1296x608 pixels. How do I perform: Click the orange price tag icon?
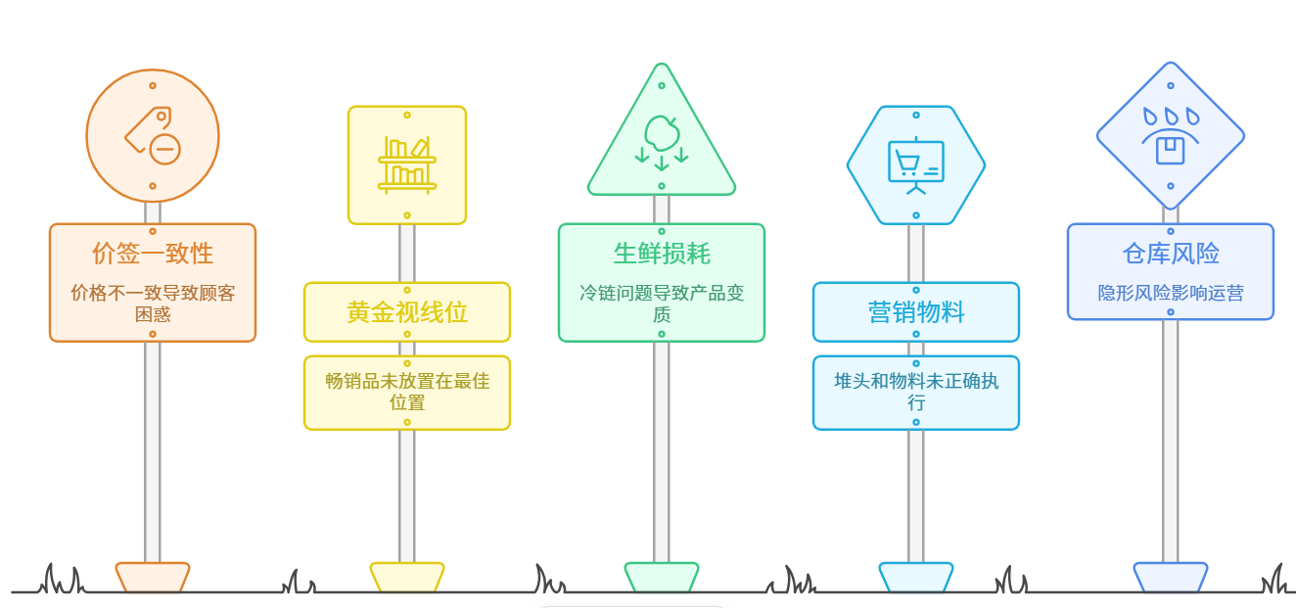pos(152,135)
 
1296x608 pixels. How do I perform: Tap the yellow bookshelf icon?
pos(407,163)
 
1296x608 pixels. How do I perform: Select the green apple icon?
pos(662,138)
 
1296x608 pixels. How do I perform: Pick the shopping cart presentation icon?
pos(916,165)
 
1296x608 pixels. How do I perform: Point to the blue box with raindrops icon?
pos(1171,135)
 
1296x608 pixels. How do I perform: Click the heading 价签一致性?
pos(153,254)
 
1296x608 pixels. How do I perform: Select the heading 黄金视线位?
pos(407,312)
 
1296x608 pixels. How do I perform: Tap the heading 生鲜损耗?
pos(662,254)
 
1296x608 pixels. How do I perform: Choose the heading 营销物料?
pos(916,312)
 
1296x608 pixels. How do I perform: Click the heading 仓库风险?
pos(1171,254)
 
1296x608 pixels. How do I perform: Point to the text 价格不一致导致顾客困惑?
pos(153,303)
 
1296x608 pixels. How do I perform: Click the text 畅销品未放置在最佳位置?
pos(407,392)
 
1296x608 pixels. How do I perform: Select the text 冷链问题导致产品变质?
pos(662,303)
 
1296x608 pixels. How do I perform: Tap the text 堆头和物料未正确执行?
pos(916,392)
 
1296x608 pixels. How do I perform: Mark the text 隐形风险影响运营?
pos(1171,293)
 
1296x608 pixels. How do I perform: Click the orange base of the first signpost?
pos(153,577)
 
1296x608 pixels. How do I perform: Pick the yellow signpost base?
pos(407,577)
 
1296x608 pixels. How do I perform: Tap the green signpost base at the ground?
pos(662,577)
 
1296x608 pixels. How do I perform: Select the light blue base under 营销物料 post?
pos(916,577)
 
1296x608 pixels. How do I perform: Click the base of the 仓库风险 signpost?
pos(1171,577)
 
